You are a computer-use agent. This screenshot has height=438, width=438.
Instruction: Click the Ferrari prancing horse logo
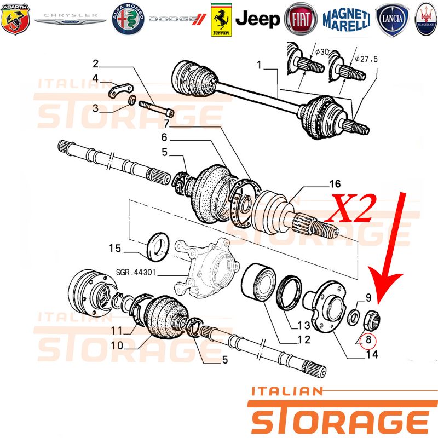coord(221,20)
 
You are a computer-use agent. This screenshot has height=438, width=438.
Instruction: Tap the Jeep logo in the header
coord(257,19)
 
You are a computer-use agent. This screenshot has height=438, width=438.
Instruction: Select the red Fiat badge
coord(301,19)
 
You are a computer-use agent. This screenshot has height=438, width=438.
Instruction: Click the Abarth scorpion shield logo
coord(15,19)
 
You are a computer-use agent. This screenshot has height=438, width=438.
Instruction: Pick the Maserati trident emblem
coord(427,19)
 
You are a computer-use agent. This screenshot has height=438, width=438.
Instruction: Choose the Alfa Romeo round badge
coord(128,19)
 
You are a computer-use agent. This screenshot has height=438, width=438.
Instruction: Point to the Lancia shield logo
coord(392,20)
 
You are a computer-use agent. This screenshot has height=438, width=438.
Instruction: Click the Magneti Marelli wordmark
coord(347,20)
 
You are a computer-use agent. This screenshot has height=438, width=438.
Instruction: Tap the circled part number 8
coord(368,340)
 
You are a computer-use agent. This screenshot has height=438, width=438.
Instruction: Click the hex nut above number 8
coord(372,320)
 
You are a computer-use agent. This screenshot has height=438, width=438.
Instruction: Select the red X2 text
coord(351,209)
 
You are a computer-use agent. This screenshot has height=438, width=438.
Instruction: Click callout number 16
coord(335,184)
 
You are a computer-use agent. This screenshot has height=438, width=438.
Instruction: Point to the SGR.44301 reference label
coord(135,272)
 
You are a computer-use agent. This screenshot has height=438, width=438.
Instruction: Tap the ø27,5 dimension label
coord(366,59)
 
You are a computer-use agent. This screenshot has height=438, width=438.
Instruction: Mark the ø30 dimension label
coord(322,52)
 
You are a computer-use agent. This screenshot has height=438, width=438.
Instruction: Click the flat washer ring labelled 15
coord(158,247)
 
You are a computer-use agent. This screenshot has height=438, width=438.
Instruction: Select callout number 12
coord(304,339)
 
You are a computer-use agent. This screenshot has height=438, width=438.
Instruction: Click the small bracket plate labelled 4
coord(120,90)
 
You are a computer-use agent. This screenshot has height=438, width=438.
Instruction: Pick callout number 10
coord(117,345)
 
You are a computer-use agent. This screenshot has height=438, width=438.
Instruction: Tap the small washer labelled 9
coord(354,317)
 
